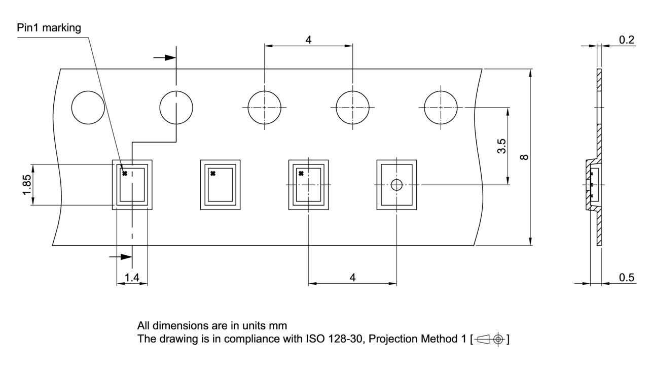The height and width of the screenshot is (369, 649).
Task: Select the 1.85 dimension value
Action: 26,185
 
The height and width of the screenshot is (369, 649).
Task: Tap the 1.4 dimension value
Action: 132,277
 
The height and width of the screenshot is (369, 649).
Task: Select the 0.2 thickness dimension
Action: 627,40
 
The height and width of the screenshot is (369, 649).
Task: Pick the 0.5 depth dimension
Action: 627,277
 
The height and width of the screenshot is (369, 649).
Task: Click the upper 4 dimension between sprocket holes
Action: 308,40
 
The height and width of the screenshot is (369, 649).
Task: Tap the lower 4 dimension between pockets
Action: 352,277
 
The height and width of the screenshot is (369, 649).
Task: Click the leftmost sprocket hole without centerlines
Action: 88,108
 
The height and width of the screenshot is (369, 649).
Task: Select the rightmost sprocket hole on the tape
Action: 441,108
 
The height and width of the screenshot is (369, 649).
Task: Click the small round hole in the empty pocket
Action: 396,185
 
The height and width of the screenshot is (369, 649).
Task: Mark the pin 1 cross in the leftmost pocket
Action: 125,174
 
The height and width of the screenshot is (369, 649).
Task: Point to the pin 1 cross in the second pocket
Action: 213,174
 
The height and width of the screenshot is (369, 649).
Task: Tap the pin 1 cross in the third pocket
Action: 301,174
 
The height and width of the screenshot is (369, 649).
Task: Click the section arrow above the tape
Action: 164,57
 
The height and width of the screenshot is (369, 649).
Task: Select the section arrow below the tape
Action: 120,257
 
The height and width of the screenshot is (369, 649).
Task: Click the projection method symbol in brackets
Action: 489,339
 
